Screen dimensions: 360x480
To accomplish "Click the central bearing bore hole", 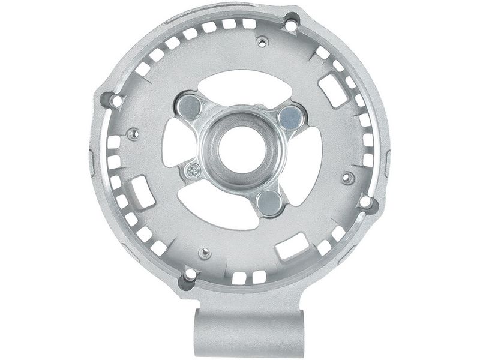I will tap(239, 148).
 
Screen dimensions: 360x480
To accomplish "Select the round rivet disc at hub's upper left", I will tap(190, 106).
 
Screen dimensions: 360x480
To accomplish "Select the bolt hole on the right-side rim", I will tap(365, 203).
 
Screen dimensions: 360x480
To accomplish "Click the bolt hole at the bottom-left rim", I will tap(190, 275).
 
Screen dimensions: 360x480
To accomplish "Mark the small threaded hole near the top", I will tap(262, 42).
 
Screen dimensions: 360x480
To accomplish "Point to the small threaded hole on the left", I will tap(133, 133).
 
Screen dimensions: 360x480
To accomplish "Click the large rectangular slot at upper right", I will tap(334, 91).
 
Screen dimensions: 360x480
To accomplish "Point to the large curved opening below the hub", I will tap(228, 213).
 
